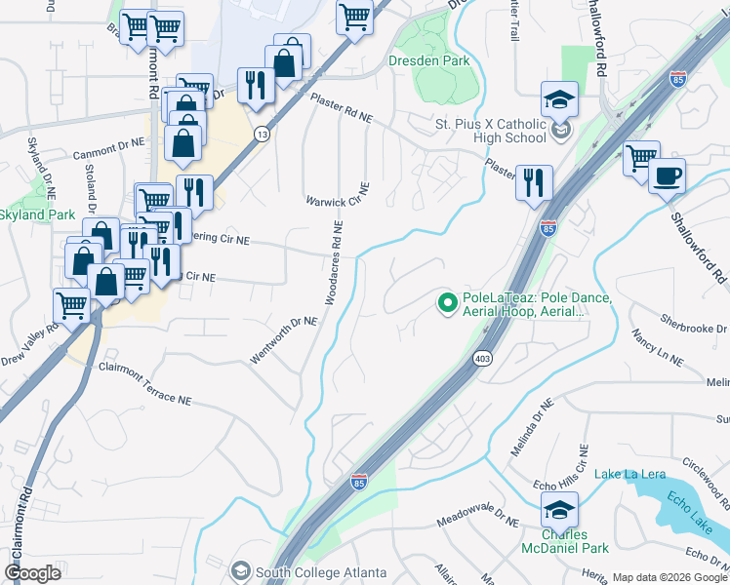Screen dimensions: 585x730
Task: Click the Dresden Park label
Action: pyautogui.click(x=428, y=60)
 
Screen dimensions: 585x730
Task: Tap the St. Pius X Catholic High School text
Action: pyautogui.click(x=491, y=131)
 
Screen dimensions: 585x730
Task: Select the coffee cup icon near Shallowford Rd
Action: pyautogui.click(x=668, y=176)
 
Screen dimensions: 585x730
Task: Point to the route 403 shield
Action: pyautogui.click(x=486, y=360)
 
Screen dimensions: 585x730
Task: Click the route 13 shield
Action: pyautogui.click(x=262, y=136)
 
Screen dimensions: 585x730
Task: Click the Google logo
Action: pyautogui.click(x=34, y=573)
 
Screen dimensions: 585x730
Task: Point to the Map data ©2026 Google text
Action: pyautogui.click(x=668, y=577)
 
